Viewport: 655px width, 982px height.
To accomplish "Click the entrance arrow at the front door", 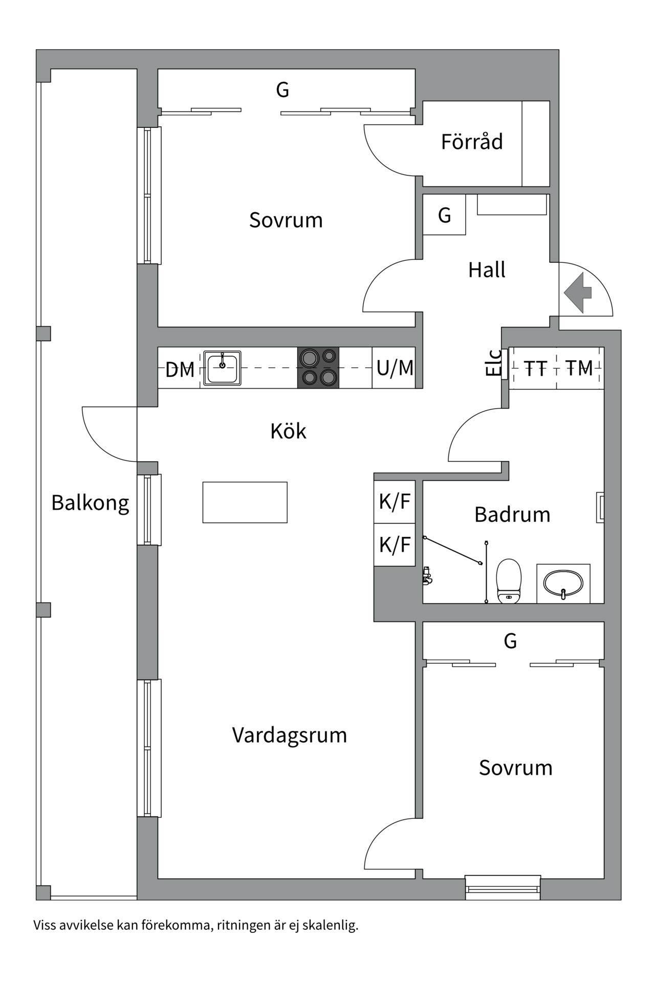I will coord(578,293).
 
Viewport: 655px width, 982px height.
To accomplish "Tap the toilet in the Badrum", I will coord(509,581).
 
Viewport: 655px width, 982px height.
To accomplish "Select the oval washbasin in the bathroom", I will coord(563,583).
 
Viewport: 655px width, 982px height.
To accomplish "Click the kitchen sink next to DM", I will coord(222,367).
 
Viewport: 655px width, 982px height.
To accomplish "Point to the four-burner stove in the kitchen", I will coord(318,367).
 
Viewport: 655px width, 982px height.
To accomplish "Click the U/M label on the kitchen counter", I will coord(395,368).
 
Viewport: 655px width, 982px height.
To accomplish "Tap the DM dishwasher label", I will coord(180,369).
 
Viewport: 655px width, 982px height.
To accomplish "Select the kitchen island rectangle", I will coord(245,502).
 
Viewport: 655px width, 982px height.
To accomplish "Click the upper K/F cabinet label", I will coord(395,501).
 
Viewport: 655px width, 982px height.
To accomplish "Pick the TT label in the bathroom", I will coord(535,368).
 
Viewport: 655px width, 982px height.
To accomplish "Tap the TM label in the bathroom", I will coord(579,368).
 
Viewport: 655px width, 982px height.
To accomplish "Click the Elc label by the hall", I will coord(494,363).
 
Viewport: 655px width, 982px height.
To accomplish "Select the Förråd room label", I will coord(472,142).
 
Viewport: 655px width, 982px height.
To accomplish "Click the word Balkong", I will coord(90,503).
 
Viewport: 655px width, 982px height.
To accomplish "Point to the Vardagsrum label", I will coord(289,735).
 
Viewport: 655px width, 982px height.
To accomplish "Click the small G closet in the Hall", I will coord(444,215).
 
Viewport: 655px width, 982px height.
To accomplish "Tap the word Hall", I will coord(487,270).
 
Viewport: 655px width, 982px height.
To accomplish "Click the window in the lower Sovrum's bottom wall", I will coord(503,888).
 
